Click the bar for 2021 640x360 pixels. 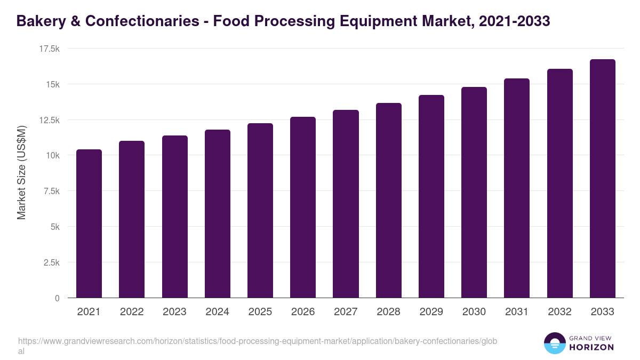point(89,223)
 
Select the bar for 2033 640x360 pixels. point(602,179)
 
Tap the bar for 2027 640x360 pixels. point(346,204)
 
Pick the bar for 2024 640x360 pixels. point(218,213)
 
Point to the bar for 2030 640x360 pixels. point(474,192)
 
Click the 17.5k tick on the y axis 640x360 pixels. point(49,49)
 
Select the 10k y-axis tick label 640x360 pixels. point(52,155)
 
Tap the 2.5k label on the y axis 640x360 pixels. point(51,262)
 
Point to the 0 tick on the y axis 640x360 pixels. point(57,298)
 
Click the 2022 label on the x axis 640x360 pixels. point(132,312)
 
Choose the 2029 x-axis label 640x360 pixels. point(431,312)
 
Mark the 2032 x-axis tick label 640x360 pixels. point(559,312)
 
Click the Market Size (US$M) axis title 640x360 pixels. point(21,173)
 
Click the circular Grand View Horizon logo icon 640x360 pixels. point(554,343)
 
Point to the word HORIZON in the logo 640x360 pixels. point(592,347)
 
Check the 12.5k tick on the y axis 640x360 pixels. point(49,120)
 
